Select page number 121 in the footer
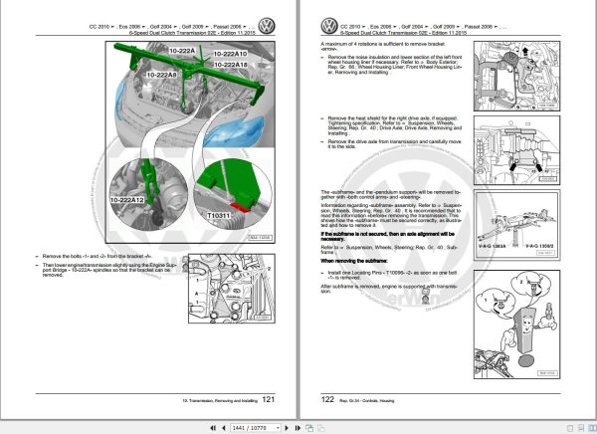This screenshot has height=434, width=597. pos(267,400)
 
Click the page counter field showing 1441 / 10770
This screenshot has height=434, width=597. pos(249,426)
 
